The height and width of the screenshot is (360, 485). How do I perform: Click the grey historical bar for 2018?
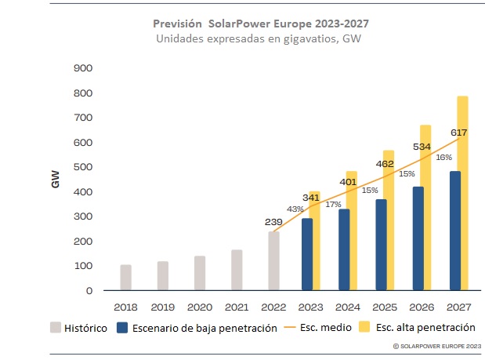click(x=125, y=278)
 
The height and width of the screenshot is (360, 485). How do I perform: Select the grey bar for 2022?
click(x=273, y=261)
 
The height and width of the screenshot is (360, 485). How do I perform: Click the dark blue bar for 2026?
click(x=418, y=238)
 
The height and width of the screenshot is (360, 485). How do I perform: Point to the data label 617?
click(x=458, y=133)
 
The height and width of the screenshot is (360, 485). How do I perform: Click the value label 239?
click(x=273, y=221)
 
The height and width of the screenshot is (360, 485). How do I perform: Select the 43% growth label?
click(x=295, y=209)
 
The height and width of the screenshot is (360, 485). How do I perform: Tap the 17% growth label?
click(x=333, y=204)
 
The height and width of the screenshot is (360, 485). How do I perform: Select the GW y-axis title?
click(x=57, y=179)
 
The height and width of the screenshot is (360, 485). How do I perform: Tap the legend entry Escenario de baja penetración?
click(x=197, y=328)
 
